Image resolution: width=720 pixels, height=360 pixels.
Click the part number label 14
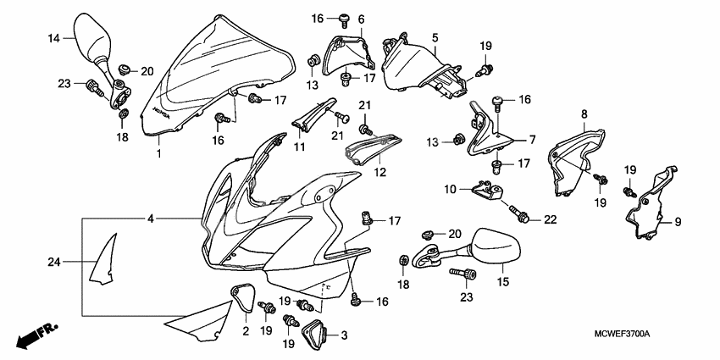coord(53,38)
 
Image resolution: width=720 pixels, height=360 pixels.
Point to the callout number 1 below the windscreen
coord(158,154)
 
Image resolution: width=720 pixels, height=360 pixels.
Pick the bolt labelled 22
coord(518,213)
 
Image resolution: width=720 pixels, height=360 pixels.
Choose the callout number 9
coord(677,223)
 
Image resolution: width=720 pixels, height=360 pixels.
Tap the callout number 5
coord(435,38)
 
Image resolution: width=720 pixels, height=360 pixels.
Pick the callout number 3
coord(344,335)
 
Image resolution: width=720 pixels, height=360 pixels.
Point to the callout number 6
coord(361,19)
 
